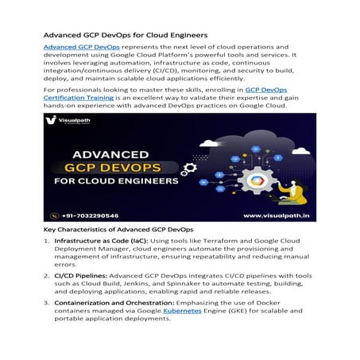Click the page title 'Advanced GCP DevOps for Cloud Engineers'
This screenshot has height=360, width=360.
tap(125, 35)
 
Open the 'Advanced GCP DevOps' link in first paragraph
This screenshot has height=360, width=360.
tap(76, 48)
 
